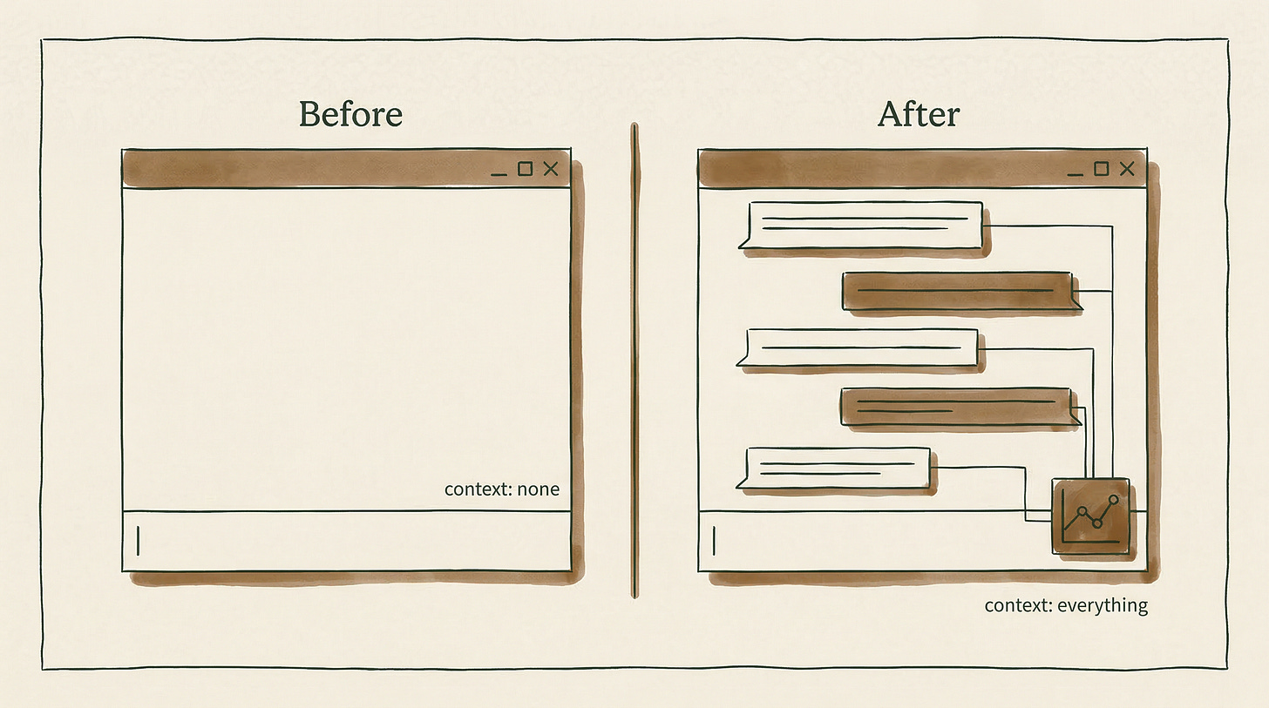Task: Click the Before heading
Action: [350, 114]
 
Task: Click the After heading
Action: [918, 114]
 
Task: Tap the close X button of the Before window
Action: [551, 169]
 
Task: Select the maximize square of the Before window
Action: [525, 168]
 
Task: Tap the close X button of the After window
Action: [1127, 169]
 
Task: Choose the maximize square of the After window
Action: [1101, 168]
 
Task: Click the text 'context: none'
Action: [501, 489]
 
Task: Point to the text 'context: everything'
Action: [1066, 605]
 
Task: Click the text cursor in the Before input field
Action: [138, 541]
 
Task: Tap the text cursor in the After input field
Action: [714, 541]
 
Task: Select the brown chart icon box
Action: [1090, 516]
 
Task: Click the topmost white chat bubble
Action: [863, 224]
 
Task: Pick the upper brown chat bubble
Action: [957, 290]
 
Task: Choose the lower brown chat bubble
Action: [956, 406]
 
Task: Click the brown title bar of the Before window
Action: [305, 169]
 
